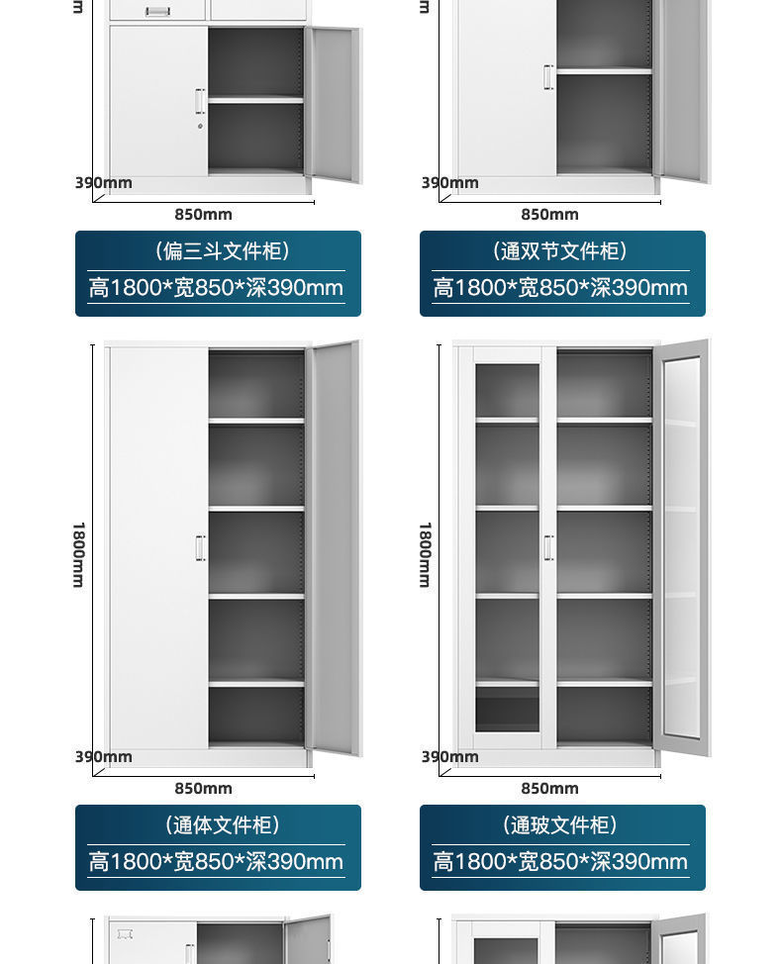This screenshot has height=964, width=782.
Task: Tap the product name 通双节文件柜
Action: pos(561,251)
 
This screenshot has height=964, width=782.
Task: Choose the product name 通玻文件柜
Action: pos(561,825)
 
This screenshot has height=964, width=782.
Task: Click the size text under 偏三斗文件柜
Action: pos(216,288)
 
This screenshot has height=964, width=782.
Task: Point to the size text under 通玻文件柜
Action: pos(560,862)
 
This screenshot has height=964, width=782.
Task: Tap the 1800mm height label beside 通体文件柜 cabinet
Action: pos(79,554)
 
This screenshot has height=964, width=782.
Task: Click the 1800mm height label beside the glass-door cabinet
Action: pos(426,554)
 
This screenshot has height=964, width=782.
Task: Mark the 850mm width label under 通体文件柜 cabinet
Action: pos(203,789)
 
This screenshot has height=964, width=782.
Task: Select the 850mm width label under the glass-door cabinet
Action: pos(549,789)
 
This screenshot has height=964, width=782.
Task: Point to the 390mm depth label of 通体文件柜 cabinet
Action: pos(104,757)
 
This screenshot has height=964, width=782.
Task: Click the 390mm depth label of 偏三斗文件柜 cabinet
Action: pos(104,182)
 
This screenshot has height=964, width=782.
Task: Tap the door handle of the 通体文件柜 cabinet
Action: pos(200,548)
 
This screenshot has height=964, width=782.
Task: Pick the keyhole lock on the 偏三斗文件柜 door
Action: pos(200,126)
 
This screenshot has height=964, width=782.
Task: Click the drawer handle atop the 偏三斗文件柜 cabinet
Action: pos(158,11)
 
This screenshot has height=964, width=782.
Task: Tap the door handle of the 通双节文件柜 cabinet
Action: pos(547,77)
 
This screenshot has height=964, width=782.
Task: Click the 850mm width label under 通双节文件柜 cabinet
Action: pos(549,215)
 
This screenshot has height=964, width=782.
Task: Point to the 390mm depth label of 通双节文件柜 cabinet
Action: pos(450,182)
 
